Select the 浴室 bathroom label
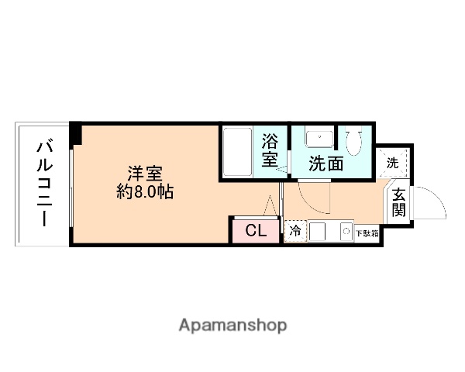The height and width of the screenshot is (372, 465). (269, 150)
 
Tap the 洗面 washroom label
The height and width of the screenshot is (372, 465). (326, 164)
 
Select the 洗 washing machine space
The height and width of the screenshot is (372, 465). (393, 164)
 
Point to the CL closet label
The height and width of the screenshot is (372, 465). (255, 230)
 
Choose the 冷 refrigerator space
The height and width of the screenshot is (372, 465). (295, 231)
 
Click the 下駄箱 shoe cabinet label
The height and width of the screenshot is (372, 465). (366, 232)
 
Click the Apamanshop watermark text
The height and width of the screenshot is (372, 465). (232, 325)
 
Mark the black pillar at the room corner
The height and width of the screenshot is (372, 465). (74, 133)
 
